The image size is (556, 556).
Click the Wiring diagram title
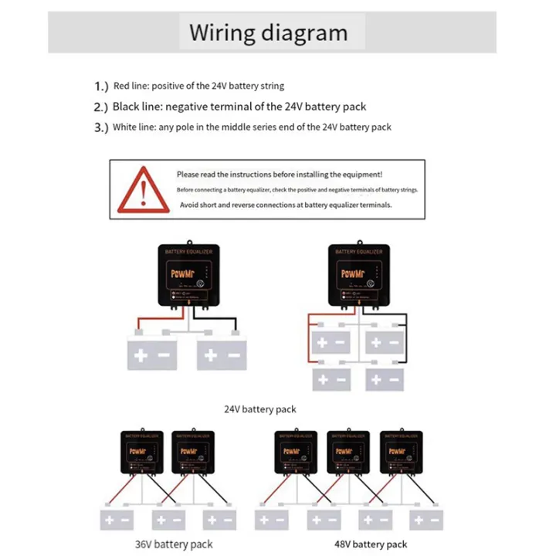click(x=269, y=33)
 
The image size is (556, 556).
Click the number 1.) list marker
click(x=102, y=86)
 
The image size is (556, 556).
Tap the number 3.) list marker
click(x=102, y=127)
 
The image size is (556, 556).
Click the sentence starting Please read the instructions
click(x=279, y=175)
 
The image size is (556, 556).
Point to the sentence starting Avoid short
click(x=286, y=205)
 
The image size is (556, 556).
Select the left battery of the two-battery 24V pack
click(x=152, y=354)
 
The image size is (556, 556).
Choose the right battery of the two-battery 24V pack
click(x=222, y=354)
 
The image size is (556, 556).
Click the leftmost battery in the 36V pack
click(x=117, y=520)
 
